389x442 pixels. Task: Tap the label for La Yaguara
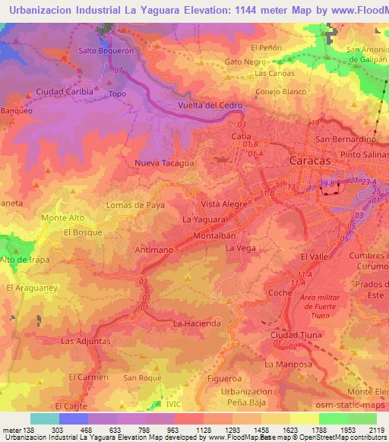204,219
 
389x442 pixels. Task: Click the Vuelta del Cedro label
209,104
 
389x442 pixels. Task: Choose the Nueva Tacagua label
164,163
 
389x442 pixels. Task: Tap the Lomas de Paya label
134,205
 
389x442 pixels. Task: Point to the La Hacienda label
197,324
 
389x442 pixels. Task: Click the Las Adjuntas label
86,341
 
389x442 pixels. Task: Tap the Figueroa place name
224,377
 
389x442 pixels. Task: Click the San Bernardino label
346,140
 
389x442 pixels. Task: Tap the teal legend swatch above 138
45,418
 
